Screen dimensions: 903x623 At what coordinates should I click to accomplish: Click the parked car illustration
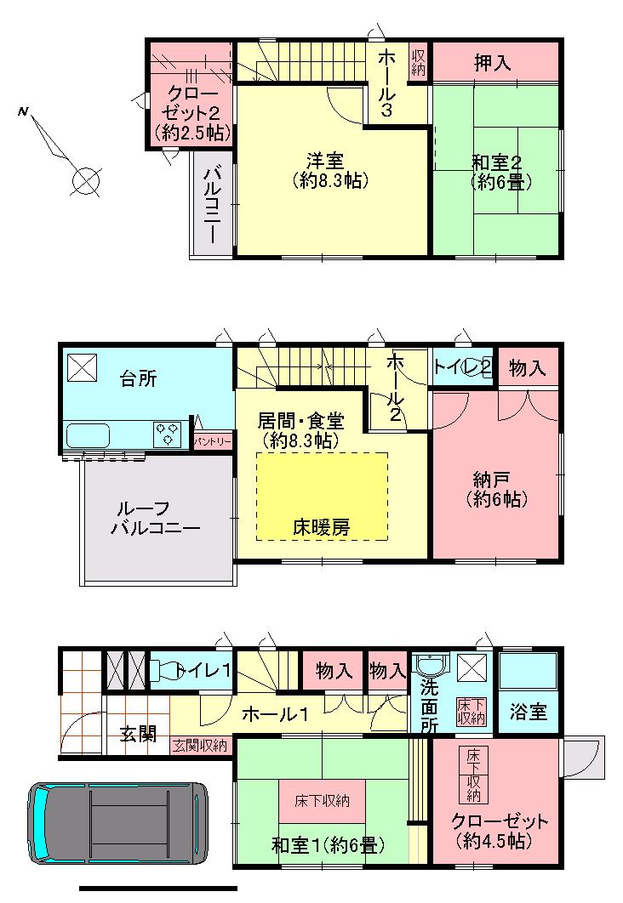[x=118, y=821]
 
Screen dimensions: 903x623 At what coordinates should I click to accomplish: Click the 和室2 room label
[x=499, y=170]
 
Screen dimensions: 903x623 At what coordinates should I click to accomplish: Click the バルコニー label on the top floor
[x=212, y=202]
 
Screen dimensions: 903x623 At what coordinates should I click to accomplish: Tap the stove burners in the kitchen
[x=169, y=434]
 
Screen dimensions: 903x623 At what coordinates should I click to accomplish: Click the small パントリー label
[x=213, y=442]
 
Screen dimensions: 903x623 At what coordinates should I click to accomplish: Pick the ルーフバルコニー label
[x=155, y=518]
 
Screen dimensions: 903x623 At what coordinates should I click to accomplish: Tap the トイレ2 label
[x=462, y=367]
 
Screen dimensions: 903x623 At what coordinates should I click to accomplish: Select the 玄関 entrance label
[x=139, y=733]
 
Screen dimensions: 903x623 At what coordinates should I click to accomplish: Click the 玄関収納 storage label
[x=201, y=747]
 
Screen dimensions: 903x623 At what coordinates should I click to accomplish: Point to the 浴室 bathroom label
[x=529, y=712]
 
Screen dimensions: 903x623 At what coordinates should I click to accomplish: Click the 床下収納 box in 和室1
[x=323, y=801]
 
